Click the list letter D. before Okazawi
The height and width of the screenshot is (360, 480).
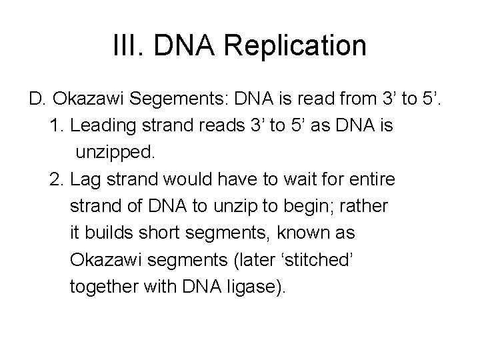coord(37,100)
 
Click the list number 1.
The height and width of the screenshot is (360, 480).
coord(56,126)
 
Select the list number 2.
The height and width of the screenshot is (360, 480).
coord(56,180)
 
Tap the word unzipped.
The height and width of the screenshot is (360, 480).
coord(115,153)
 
